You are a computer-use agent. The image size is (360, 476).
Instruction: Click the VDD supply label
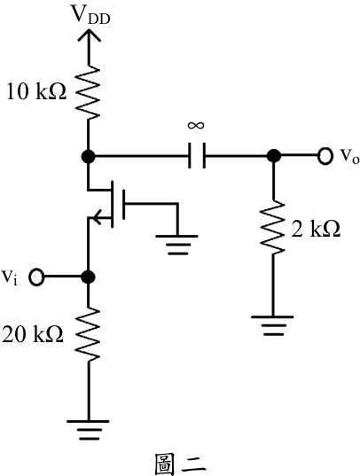pyautogui.click(x=90, y=14)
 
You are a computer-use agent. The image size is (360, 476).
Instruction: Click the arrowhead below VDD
pyautogui.click(x=89, y=35)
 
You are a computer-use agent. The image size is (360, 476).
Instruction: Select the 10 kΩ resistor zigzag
pyautogui.click(x=89, y=92)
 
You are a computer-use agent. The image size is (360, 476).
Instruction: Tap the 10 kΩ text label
pyautogui.click(x=36, y=91)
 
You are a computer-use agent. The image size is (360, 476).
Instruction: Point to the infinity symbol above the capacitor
pyautogui.click(x=196, y=125)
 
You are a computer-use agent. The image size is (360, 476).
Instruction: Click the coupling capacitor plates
pyautogui.click(x=197, y=155)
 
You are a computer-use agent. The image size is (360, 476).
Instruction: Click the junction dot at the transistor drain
pyautogui.click(x=89, y=157)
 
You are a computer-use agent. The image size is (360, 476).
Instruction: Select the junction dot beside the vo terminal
pyautogui.click(x=273, y=156)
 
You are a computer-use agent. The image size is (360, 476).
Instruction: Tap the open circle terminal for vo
pyautogui.click(x=325, y=156)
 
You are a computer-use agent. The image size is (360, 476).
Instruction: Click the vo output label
pyautogui.click(x=349, y=156)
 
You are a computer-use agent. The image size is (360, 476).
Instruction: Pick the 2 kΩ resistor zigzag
pyautogui.click(x=273, y=227)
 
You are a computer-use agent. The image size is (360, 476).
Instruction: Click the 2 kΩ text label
pyautogui.click(x=316, y=229)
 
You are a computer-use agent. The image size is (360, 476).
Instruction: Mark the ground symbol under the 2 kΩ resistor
pyautogui.click(x=272, y=325)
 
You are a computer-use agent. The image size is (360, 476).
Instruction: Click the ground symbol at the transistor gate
pyautogui.click(x=177, y=245)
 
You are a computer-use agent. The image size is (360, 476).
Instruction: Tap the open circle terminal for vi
pyautogui.click(x=36, y=277)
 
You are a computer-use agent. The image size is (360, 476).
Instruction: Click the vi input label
pyautogui.click(x=10, y=277)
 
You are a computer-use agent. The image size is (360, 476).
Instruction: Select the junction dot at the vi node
pyautogui.click(x=89, y=277)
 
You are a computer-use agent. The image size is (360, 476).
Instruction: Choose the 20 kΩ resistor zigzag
pyautogui.click(x=88, y=334)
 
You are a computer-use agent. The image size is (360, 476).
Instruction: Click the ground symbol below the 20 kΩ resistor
pyautogui.click(x=88, y=430)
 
